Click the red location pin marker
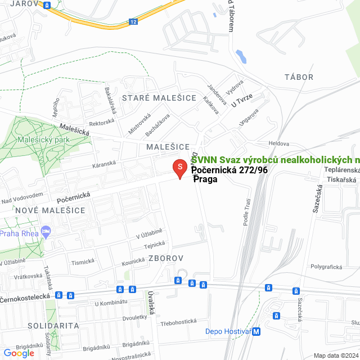pyautogui.click(x=179, y=168)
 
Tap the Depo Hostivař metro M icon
pyautogui.click(x=256, y=332)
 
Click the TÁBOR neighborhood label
pyautogui.click(x=299, y=77)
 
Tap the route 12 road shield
pyautogui.click(x=133, y=22)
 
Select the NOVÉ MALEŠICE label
pyautogui.click(x=43, y=210)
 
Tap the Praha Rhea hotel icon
pyautogui.click(x=46, y=231)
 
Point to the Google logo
pyautogui.click(x=19, y=353)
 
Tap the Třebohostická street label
pyautogui.click(x=178, y=321)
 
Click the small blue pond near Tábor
pyautogui.click(x=241, y=56)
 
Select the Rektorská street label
pyautogui.click(x=102, y=122)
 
